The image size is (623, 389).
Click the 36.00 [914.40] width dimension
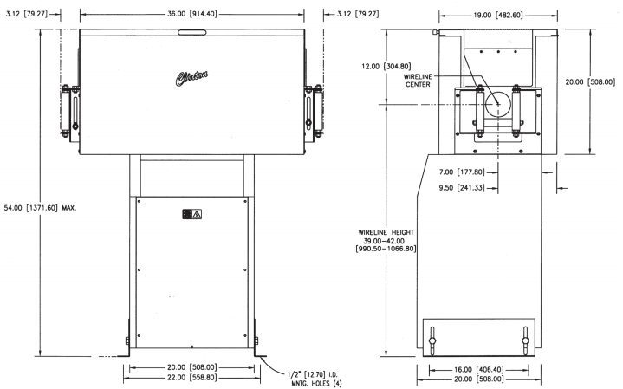(x=191, y=14)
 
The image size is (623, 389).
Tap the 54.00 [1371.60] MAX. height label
(x=40, y=207)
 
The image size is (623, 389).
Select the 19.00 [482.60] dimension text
(x=498, y=15)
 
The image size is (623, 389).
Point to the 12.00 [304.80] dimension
(x=386, y=67)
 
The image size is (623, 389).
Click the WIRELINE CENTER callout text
(x=418, y=81)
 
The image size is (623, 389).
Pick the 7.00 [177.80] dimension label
(x=462, y=172)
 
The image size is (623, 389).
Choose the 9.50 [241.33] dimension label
(x=462, y=187)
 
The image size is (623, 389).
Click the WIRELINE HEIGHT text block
(x=386, y=240)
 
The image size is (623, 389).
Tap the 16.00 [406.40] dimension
(x=479, y=370)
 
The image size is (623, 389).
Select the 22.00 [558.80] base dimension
(x=191, y=378)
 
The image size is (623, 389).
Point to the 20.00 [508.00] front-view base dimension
(x=191, y=367)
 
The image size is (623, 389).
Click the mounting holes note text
(x=314, y=379)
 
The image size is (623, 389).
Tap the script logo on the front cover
(x=191, y=78)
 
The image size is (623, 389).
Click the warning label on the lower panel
(x=191, y=214)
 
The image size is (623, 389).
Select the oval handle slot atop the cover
(x=191, y=32)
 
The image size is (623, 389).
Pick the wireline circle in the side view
(x=498, y=104)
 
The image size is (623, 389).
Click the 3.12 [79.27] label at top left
(x=27, y=14)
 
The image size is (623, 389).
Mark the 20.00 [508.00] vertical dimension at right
(x=590, y=81)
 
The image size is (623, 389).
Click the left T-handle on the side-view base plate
(x=432, y=340)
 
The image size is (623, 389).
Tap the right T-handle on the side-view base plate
(x=525, y=340)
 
